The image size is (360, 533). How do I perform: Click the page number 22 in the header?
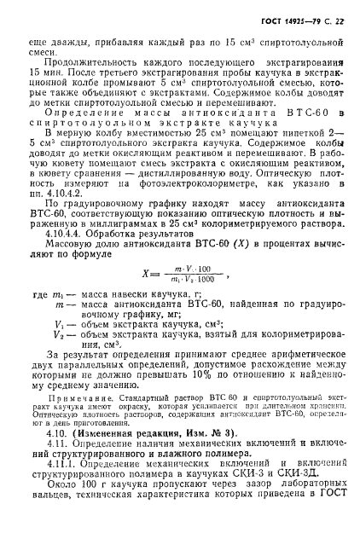click(341, 19)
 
